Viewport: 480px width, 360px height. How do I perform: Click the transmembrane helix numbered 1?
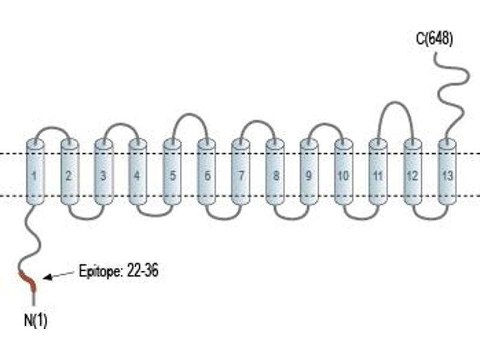[x=35, y=172]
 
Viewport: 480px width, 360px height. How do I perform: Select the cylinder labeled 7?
[x=241, y=172]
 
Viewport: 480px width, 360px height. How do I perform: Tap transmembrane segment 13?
[x=447, y=172]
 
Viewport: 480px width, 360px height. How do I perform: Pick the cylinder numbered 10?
[x=343, y=172]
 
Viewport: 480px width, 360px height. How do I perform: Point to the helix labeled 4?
[x=138, y=172]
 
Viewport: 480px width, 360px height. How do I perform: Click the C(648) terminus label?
[x=434, y=39]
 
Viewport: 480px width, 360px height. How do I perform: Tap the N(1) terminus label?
[x=35, y=320]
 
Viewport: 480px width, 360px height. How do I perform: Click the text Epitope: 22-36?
[x=119, y=271]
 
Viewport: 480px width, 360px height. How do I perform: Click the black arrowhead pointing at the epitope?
[x=47, y=277]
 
